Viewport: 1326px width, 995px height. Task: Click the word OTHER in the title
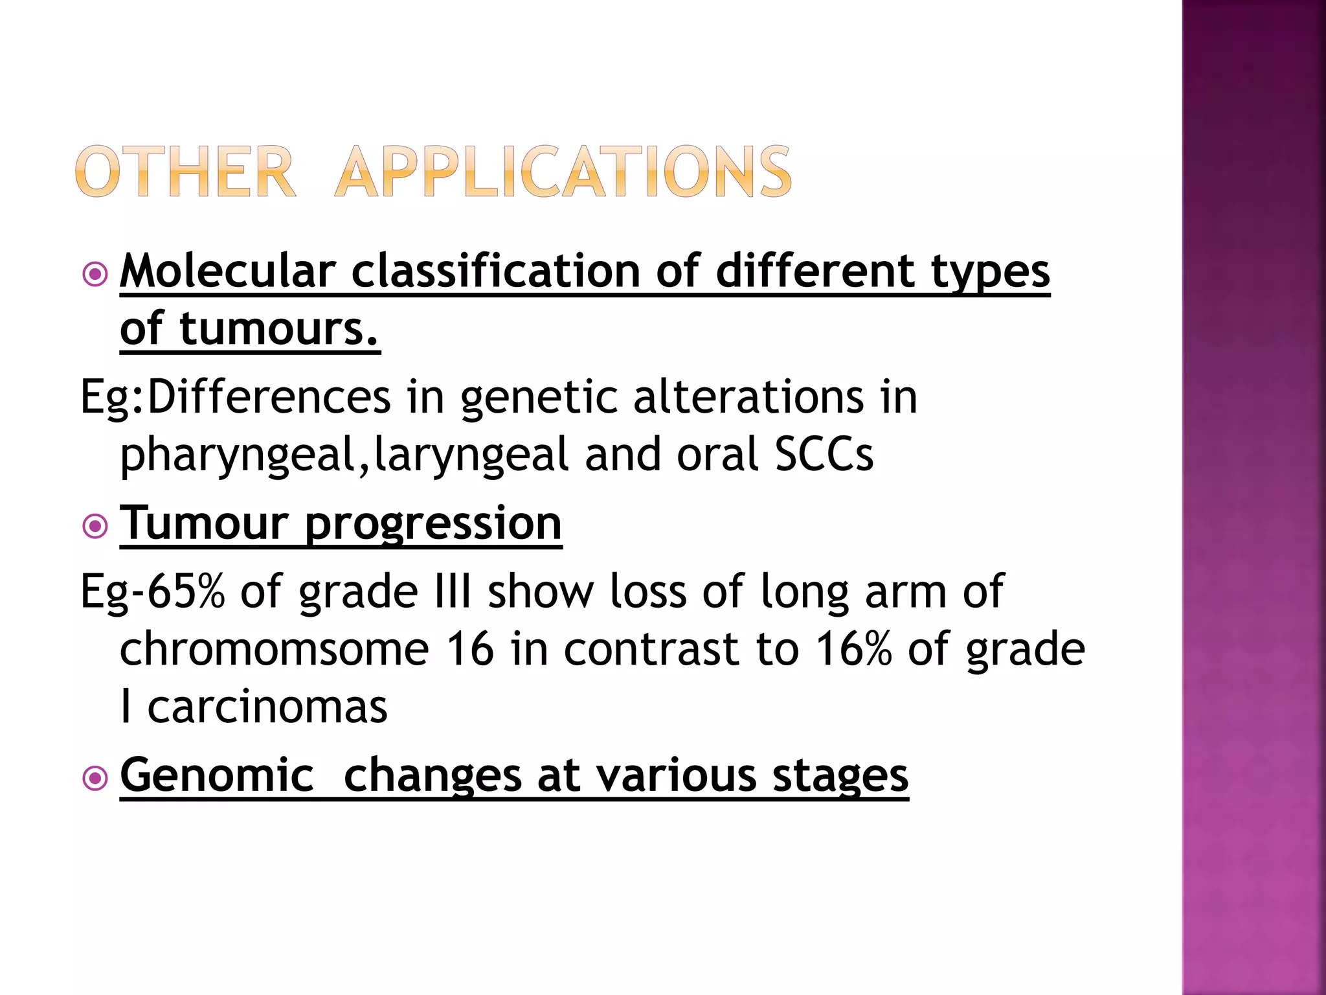click(185, 172)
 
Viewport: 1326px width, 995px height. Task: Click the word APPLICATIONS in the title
click(563, 172)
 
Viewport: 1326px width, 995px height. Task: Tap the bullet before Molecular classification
click(95, 274)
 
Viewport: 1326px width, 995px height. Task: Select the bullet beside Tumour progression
click(95, 526)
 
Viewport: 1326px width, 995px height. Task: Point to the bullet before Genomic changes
click(95, 778)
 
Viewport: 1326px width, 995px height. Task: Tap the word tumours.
click(278, 329)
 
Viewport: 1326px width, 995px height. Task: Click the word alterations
click(748, 398)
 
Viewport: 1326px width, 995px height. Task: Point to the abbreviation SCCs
click(824, 455)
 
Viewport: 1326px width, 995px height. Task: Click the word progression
click(433, 523)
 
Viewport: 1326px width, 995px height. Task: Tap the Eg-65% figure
click(153, 591)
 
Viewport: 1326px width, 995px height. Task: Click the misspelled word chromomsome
click(275, 649)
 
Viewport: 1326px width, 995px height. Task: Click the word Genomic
click(217, 775)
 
